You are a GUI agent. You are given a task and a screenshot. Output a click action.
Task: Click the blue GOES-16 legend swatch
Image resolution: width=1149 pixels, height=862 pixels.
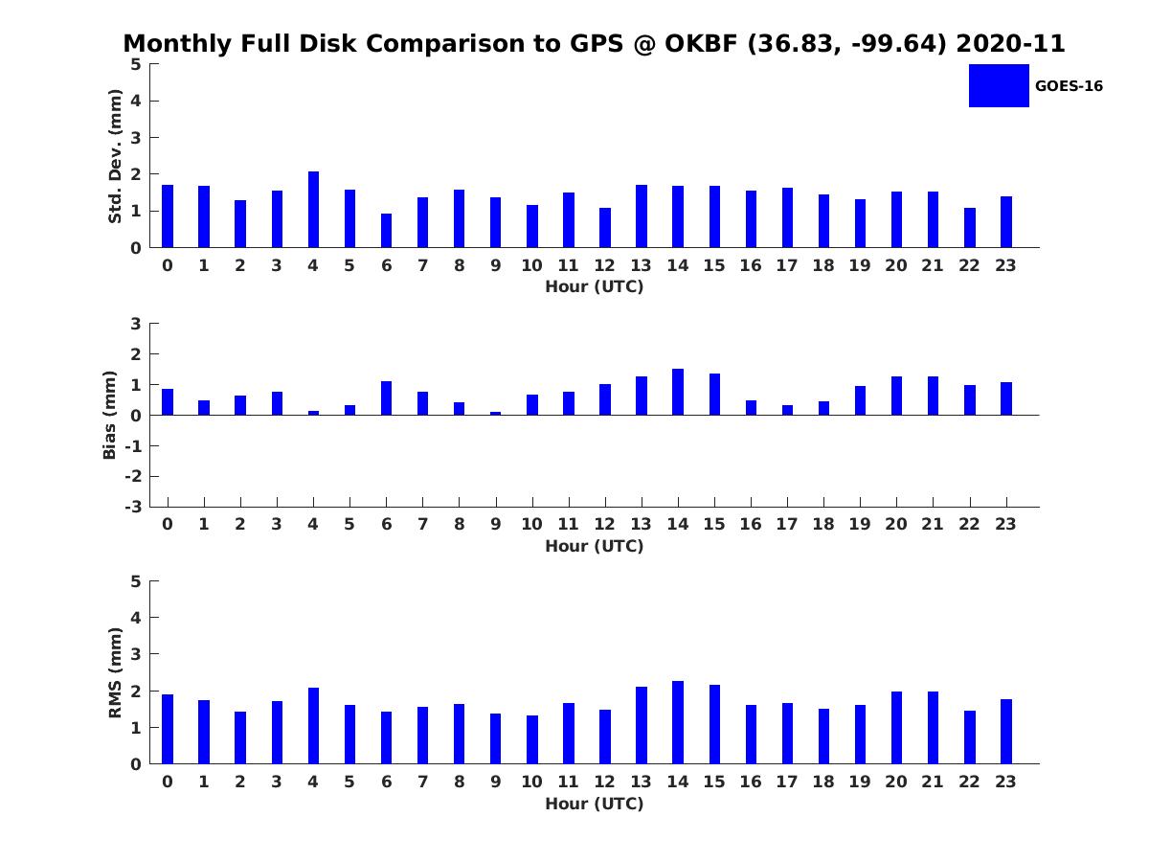click(x=999, y=85)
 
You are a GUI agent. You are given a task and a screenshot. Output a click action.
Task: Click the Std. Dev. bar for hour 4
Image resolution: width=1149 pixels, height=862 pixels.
click(x=313, y=210)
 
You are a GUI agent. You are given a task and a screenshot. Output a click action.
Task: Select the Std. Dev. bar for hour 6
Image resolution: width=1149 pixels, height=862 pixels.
click(x=386, y=231)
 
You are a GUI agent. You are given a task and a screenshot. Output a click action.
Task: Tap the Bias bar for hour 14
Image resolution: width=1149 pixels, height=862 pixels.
click(x=678, y=392)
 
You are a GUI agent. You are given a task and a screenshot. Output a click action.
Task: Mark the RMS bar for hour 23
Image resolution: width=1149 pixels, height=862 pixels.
click(x=1006, y=732)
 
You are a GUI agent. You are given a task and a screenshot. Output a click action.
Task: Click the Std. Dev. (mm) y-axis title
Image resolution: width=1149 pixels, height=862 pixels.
click(x=115, y=156)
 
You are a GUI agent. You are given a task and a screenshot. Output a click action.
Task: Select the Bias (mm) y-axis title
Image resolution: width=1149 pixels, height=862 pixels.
click(x=110, y=415)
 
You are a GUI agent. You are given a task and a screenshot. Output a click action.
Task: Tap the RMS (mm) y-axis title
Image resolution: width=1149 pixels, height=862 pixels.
click(x=115, y=672)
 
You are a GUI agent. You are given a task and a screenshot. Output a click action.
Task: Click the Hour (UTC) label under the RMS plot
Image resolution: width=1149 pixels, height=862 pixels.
click(x=594, y=804)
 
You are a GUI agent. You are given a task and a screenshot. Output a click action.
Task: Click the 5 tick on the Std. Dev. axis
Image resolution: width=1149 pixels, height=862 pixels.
click(x=137, y=64)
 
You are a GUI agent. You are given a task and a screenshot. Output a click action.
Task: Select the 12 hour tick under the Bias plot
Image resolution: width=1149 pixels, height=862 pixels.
click(x=605, y=524)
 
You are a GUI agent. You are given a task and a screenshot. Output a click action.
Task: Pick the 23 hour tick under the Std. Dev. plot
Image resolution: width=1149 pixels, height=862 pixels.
click(x=1005, y=265)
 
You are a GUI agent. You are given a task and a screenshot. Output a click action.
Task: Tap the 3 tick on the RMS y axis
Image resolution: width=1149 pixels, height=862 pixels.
click(x=137, y=654)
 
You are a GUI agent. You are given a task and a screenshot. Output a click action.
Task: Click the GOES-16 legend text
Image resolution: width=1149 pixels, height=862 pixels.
click(x=1069, y=86)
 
